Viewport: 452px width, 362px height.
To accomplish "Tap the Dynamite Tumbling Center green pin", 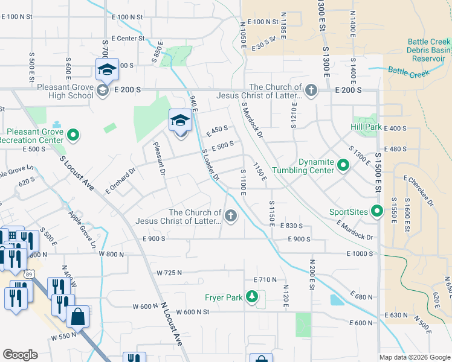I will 343,165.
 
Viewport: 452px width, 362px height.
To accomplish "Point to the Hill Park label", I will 366,127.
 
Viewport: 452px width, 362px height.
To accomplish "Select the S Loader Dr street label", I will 209,165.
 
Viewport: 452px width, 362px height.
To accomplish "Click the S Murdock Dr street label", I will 253,119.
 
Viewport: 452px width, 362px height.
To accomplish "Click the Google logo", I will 20,355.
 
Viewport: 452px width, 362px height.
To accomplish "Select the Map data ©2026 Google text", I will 414,357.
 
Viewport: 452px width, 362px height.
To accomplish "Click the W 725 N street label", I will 169,273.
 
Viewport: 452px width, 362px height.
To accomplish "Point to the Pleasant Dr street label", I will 160,157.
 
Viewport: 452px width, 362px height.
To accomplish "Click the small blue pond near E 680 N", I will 336,300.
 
